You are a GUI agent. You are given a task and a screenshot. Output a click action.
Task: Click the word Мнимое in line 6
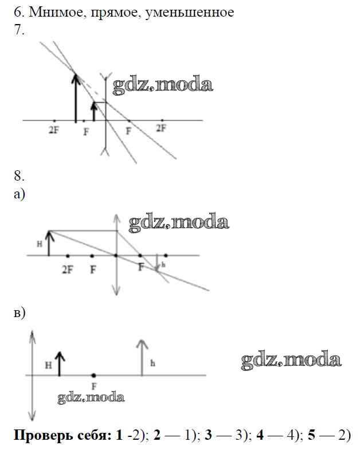coord(57,12)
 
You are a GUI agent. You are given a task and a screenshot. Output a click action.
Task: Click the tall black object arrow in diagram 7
coord(76,98)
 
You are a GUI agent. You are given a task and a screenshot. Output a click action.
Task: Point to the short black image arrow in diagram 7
coord(94,111)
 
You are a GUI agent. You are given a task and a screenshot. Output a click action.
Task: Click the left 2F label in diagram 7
coord(53,130)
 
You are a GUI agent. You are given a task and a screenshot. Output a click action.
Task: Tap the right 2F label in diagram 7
coord(161,128)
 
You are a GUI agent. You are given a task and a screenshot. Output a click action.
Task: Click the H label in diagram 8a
coord(40,244)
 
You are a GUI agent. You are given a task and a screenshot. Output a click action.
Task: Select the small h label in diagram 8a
coord(163,264)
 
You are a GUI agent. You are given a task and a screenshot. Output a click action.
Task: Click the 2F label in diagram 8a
coord(67,270)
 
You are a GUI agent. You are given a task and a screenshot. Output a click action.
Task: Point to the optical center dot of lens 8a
coord(116,256)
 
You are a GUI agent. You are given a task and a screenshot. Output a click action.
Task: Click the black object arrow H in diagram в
coord(60,364)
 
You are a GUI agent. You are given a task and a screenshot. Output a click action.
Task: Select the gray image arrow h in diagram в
coord(142,357)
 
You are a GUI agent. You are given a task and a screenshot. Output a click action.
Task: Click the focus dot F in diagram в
coord(94,376)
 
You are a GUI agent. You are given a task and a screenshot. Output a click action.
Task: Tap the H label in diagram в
coord(48,365)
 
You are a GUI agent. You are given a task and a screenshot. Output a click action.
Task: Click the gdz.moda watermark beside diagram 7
coord(163,85)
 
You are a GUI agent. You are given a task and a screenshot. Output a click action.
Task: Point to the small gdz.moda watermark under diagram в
coord(91,397)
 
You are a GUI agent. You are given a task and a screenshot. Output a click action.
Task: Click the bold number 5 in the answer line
coord(311,435)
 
